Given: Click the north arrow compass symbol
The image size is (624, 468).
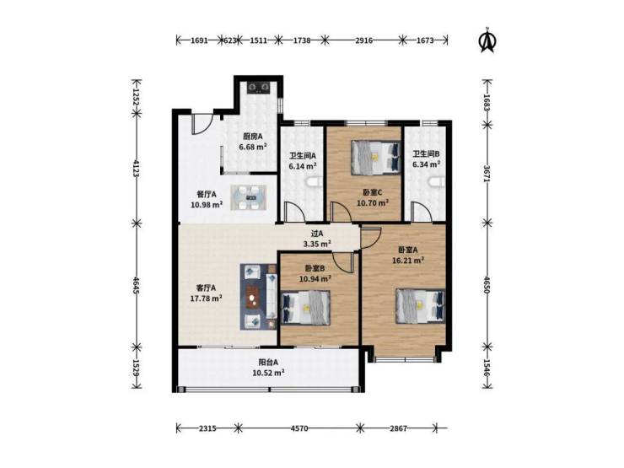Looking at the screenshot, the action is pyautogui.click(x=487, y=40).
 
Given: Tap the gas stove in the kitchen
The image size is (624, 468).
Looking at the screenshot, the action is pyautogui.click(x=259, y=87).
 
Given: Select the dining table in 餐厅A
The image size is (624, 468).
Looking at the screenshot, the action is pyautogui.click(x=248, y=197).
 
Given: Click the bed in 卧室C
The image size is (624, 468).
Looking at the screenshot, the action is pyautogui.click(x=375, y=158).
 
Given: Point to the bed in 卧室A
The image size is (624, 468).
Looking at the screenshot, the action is pyautogui.click(x=420, y=306).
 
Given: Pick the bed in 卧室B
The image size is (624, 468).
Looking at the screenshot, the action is pyautogui.click(x=305, y=308).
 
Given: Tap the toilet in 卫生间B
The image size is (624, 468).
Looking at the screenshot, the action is pyautogui.click(x=437, y=182).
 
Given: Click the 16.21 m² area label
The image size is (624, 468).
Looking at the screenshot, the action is pyautogui.click(x=408, y=261).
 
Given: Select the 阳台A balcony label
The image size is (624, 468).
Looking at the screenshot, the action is pyautogui.click(x=268, y=363).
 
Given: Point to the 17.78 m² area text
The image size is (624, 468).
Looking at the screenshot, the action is pyautogui.click(x=206, y=298).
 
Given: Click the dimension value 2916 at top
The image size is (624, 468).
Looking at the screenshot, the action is pyautogui.click(x=363, y=40).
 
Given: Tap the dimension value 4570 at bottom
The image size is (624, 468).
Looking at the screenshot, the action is pyautogui.click(x=299, y=428).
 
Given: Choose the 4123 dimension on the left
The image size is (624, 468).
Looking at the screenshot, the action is pyautogui.click(x=136, y=169).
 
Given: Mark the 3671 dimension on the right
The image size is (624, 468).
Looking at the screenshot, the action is pyautogui.click(x=487, y=174).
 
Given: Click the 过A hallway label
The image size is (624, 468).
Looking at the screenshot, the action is pyautogui.click(x=317, y=234).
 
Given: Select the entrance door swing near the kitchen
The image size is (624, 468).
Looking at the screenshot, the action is pyautogui.click(x=200, y=125).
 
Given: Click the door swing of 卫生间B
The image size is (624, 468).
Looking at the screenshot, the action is pyautogui.click(x=422, y=212).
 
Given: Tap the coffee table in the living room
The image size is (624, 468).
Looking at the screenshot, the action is pyautogui.click(x=252, y=297).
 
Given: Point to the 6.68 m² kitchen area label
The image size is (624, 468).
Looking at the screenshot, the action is pyautogui.click(x=253, y=147).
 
